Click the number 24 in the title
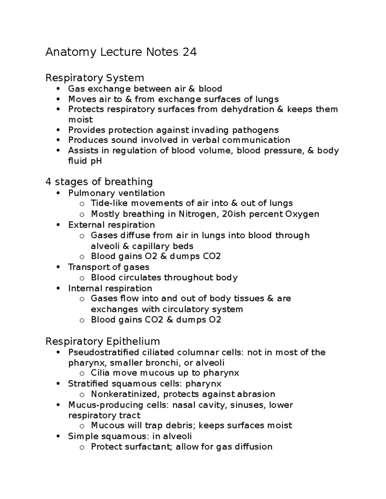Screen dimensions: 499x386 pyautogui.click(x=189, y=52)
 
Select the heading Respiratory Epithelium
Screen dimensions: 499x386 pyautogui.click(x=103, y=341)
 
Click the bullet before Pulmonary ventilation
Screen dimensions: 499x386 pyautogui.click(x=58, y=193)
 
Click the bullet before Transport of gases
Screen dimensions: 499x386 pyautogui.click(x=58, y=267)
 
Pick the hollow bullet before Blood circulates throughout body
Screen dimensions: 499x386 pyautogui.click(x=82, y=278)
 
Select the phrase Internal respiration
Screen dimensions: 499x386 pyautogui.click(x=110, y=288)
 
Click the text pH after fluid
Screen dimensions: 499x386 pyautogui.click(x=96, y=161)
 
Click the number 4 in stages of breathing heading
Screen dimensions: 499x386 pyautogui.click(x=48, y=182)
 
